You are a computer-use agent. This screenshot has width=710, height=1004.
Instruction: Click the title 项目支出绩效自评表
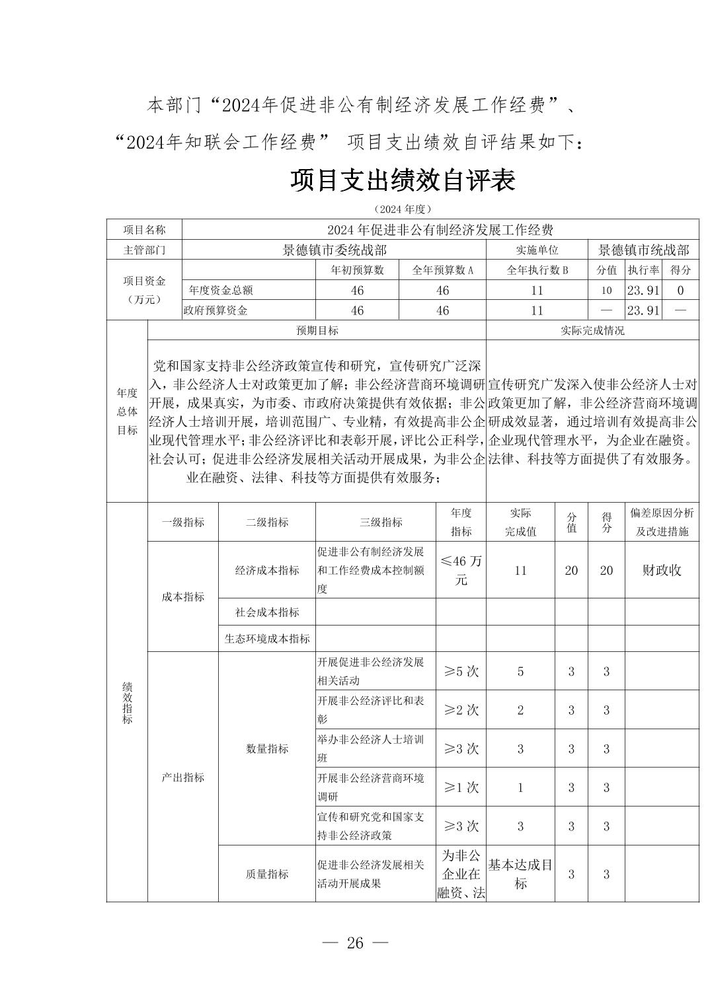point(402,180)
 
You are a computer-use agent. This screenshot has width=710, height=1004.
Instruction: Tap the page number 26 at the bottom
point(355,943)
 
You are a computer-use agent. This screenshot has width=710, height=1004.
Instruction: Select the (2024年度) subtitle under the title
point(402,209)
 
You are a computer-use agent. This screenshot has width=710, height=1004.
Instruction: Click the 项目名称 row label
point(144,229)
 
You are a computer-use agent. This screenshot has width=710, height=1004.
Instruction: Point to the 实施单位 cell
point(537,250)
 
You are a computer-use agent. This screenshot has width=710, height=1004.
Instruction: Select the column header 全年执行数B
point(537,269)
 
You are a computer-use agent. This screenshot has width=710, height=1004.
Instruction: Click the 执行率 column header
point(643,269)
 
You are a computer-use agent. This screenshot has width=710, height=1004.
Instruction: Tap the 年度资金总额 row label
point(220,290)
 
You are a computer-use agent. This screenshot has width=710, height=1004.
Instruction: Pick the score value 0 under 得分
point(680,290)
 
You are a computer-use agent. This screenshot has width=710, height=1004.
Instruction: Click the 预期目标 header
point(317,330)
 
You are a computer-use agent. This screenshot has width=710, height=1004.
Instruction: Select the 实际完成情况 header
point(592,330)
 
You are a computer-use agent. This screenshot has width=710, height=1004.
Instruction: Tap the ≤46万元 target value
point(461,570)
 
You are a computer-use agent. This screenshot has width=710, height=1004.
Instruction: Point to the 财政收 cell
point(661,570)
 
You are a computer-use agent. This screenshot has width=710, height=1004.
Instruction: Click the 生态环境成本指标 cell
point(267,639)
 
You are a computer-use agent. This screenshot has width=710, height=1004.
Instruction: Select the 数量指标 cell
point(267,748)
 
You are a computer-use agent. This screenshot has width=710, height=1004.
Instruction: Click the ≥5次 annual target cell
point(461,671)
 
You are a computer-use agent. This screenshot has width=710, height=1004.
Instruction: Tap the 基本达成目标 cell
point(520,873)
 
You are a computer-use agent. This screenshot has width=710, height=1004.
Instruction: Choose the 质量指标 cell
point(267,873)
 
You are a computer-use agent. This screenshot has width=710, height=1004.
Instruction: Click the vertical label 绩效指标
point(127,703)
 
